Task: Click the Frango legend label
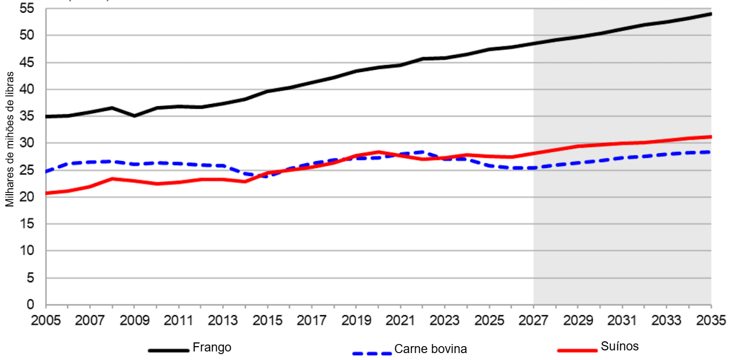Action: pyautogui.click(x=212, y=347)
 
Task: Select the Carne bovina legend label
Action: pyautogui.click(x=431, y=349)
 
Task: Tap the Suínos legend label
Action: pyautogui.click(x=619, y=346)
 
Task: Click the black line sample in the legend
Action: pyautogui.click(x=169, y=350)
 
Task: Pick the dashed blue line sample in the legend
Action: pyautogui.click(x=372, y=353)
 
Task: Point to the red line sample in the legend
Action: pyautogui.click(x=577, y=350)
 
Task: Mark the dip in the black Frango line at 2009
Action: pyautogui.click(x=134, y=116)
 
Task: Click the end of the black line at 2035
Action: pyautogui.click(x=711, y=13)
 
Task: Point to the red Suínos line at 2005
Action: pyautogui.click(x=47, y=193)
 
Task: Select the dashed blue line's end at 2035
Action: pyautogui.click(x=711, y=152)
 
